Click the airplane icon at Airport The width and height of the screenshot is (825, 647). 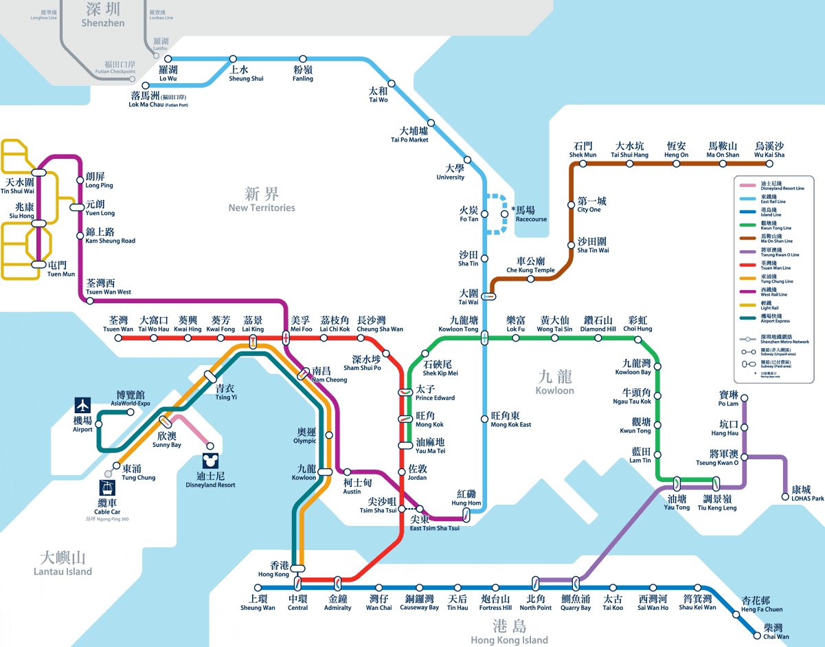[82, 406]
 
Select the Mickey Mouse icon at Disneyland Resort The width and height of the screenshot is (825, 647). [210, 460]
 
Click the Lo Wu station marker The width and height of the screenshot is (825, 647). [168, 59]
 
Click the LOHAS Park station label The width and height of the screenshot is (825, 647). [807, 494]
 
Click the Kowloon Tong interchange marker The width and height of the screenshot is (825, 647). [485, 338]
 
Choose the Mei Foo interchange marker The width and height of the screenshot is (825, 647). [286, 338]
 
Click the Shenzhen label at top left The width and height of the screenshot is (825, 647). [103, 14]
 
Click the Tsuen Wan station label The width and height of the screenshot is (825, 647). [118, 325]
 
